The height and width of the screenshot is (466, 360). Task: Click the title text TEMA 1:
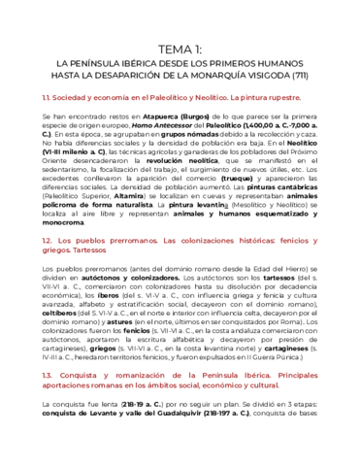tap(180, 50)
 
